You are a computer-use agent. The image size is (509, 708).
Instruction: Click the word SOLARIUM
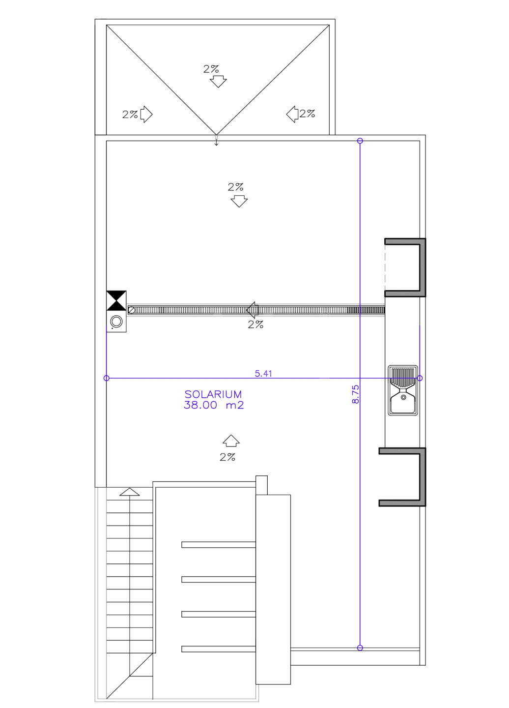[213, 394]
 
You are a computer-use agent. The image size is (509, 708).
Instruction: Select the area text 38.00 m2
[214, 405]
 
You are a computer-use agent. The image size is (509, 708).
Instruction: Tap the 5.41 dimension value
[263, 373]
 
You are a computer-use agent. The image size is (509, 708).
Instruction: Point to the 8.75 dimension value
[355, 394]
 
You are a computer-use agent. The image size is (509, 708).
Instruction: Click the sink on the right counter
[402, 390]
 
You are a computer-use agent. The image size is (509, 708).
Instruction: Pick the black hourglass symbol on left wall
[116, 300]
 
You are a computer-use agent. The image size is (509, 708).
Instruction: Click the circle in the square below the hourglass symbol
[116, 322]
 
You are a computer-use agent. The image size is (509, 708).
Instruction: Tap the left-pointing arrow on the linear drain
[252, 310]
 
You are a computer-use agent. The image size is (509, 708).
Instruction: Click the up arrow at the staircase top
[129, 492]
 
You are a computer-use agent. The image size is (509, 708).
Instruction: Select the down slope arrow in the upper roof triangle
[218, 81]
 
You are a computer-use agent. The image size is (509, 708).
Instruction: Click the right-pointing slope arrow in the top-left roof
[146, 114]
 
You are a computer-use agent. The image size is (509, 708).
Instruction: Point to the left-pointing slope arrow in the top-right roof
[292, 114]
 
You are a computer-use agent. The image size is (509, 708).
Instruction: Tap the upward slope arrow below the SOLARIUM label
[231, 441]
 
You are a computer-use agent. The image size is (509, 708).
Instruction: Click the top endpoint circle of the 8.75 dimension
[360, 141]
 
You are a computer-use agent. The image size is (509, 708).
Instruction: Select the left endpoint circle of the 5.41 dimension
[107, 378]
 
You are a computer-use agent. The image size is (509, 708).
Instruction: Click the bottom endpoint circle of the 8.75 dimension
[360, 648]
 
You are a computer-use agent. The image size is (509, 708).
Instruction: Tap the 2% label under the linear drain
[255, 324]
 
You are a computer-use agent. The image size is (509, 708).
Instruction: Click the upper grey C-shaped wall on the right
[423, 267]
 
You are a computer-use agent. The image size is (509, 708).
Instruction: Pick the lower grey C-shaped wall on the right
[423, 476]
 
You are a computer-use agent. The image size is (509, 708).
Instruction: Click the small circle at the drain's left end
[132, 310]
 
